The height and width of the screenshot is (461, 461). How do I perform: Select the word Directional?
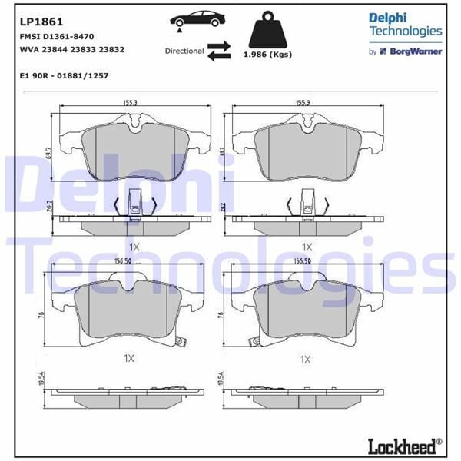pos(184,51)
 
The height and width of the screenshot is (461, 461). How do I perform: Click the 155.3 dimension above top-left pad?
pos(130,101)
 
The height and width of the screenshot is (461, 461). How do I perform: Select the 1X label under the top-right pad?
pos(307,247)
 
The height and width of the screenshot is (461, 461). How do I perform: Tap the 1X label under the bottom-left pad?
pos(129,358)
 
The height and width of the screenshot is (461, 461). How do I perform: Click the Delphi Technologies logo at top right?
pos(405,24)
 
